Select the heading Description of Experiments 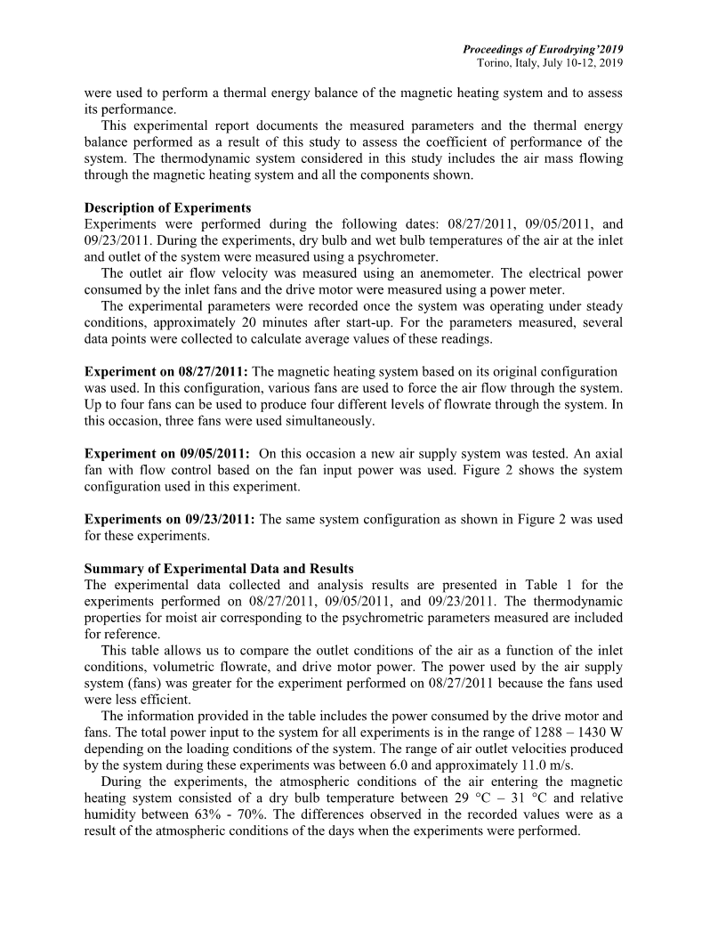[167, 208]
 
